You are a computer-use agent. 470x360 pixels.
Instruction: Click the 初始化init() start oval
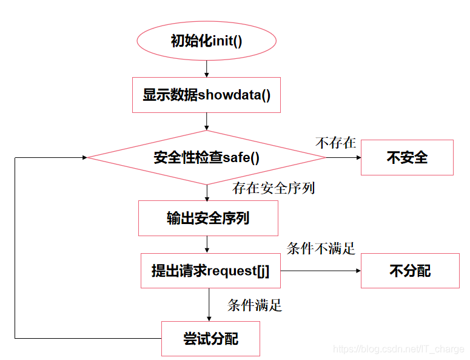[x=207, y=41]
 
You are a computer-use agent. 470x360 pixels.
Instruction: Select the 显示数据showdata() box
[x=206, y=95]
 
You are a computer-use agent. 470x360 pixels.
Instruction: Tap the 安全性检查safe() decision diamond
[x=206, y=158]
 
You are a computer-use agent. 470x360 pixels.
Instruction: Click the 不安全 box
[x=407, y=158]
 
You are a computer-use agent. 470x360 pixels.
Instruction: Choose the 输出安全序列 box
[x=208, y=219]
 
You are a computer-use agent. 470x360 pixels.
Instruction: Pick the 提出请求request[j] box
[x=210, y=271]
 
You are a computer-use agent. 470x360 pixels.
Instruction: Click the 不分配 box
[x=410, y=271]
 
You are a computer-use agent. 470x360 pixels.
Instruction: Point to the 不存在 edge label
[x=335, y=143]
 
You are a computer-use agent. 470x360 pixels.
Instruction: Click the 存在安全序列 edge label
[x=274, y=188]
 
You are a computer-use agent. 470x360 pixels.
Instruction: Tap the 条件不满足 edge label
[x=321, y=248]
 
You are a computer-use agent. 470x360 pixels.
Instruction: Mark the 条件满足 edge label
[x=255, y=305]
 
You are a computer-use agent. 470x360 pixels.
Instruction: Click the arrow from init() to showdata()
[x=207, y=68]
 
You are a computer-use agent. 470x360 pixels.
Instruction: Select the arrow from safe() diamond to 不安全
[x=343, y=158]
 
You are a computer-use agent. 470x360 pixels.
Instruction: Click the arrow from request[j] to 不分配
[x=320, y=271]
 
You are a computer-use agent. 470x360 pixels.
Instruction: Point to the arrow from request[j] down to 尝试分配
[x=210, y=305]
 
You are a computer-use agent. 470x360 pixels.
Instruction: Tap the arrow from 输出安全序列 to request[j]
[x=207, y=245]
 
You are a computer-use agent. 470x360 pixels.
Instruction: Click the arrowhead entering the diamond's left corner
[x=83, y=158]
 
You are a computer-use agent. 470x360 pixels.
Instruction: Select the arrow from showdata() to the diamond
[x=207, y=121]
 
